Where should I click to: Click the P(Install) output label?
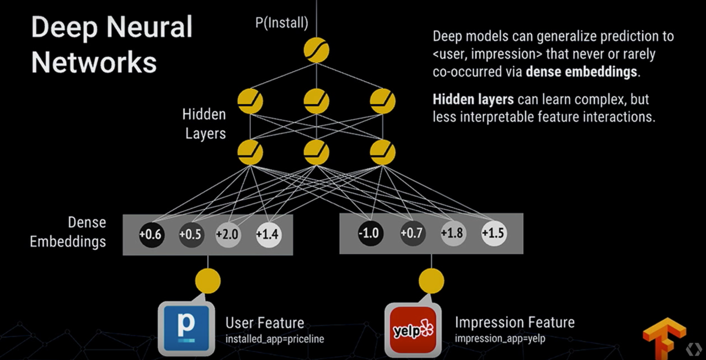(282, 23)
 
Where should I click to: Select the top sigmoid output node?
(317, 50)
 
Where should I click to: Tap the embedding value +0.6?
(151, 234)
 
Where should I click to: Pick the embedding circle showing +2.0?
(228, 234)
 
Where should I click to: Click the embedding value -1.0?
(370, 233)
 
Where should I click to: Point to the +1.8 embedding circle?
(453, 233)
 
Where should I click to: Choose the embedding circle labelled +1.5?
(494, 233)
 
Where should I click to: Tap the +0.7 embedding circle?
(412, 233)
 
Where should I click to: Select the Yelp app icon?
(413, 330)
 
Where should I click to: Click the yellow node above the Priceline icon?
(208, 281)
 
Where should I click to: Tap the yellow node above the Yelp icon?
(431, 281)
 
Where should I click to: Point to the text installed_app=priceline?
(275, 339)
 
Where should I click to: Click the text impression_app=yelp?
(500, 338)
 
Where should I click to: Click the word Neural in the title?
(149, 27)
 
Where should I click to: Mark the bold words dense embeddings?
(581, 72)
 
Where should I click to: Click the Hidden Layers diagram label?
(205, 124)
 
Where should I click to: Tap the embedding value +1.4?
(268, 234)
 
